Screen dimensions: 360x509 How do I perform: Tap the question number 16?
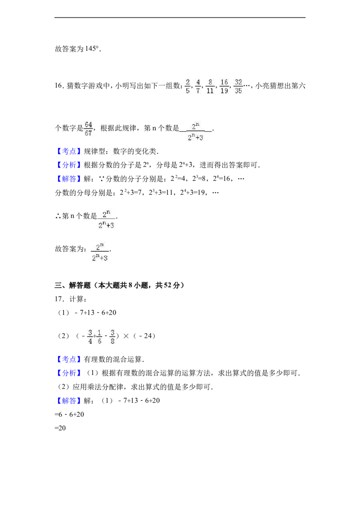[58, 86]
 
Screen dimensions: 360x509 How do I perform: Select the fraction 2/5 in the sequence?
[188, 86]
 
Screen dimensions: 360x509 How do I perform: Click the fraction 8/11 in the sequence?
[210, 86]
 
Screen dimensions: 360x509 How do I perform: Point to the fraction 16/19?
[224, 86]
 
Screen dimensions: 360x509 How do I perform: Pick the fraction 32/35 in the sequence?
[238, 86]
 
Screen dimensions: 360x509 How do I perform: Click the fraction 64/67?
[88, 129]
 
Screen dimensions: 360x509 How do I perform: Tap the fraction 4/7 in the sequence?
[198, 86]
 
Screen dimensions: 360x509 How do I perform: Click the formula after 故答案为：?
[100, 252]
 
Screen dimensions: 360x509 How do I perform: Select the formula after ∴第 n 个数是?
[106, 219]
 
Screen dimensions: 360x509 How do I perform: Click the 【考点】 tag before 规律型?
[69, 151]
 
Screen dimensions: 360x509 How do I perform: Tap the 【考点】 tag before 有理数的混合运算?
[69, 359]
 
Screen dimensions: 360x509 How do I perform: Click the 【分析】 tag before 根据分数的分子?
[69, 165]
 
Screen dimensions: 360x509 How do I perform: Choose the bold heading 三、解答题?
[72, 286]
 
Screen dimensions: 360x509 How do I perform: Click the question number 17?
[59, 299]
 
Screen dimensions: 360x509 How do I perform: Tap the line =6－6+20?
[69, 415]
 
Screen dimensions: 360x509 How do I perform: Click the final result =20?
[60, 428]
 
